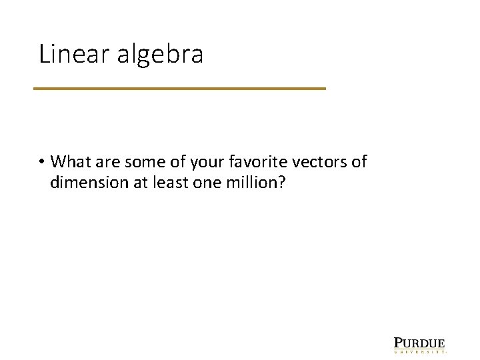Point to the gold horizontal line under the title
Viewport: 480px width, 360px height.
179,88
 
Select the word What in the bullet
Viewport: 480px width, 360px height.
69,162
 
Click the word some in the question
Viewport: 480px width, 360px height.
139,162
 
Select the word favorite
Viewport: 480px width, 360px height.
250,162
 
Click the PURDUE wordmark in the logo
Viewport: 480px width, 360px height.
419,342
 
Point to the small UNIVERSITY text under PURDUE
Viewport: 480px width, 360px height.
419,350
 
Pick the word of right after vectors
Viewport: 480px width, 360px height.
359,162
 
